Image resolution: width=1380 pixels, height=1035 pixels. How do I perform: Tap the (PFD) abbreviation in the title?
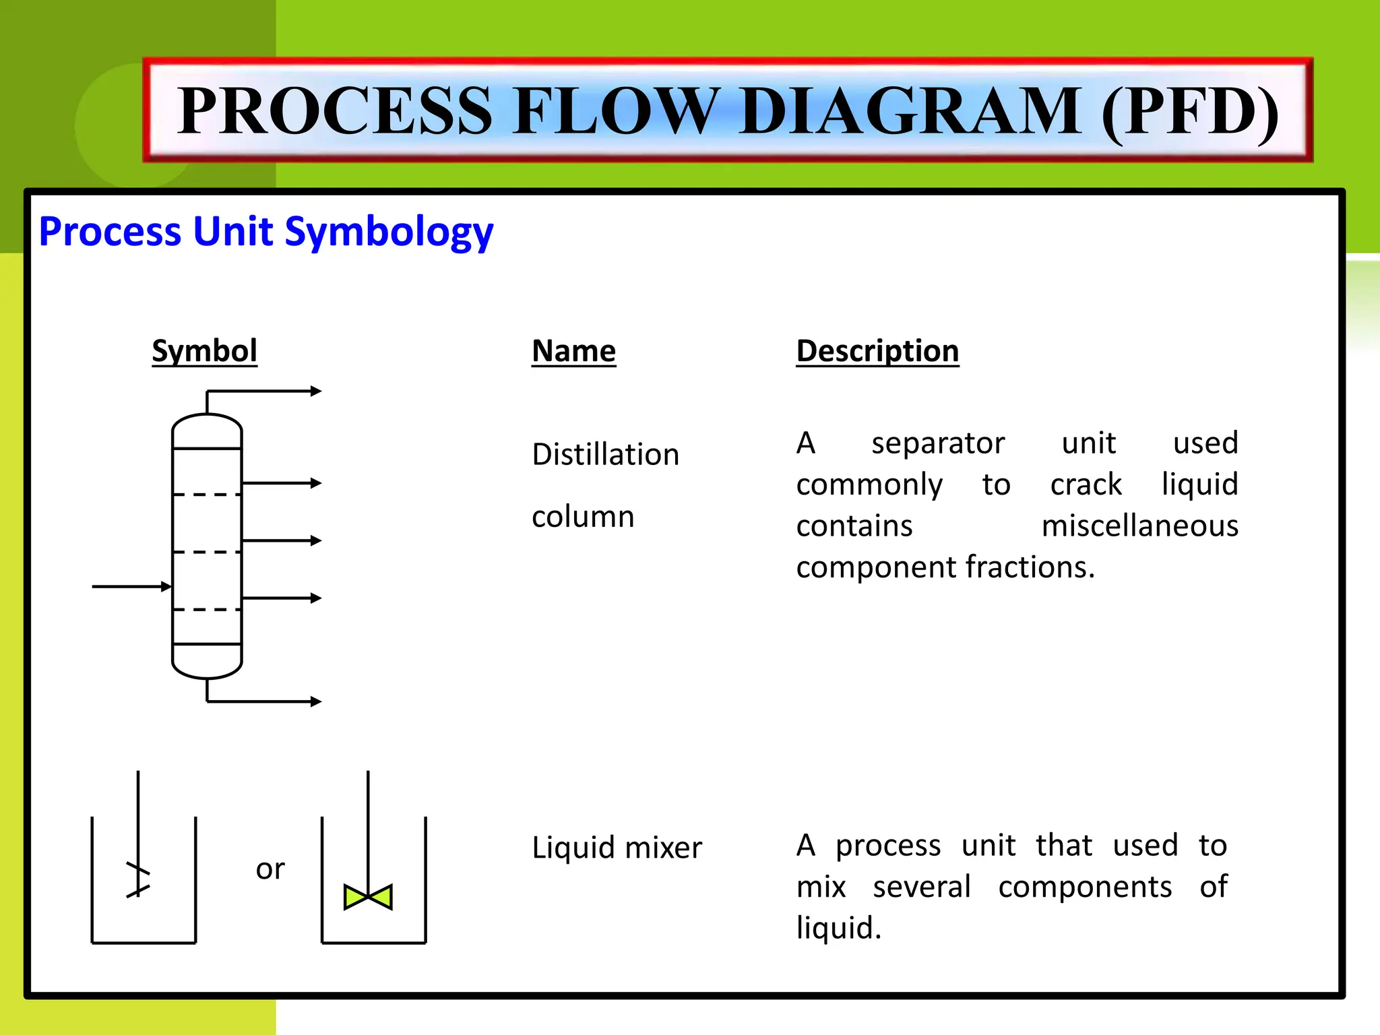pos(1190,111)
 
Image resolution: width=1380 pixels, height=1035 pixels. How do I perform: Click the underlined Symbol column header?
pos(204,351)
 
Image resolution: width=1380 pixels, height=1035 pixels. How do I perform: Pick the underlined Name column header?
pos(573,351)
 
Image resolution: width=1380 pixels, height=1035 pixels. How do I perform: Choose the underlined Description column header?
pos(877,351)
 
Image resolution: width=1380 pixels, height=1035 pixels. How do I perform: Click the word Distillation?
pos(605,454)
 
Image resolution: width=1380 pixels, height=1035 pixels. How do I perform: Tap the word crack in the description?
pos(1086,484)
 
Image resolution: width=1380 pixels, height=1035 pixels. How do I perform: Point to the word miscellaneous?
pos(1139,526)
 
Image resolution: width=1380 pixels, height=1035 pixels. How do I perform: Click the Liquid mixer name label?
pos(617,848)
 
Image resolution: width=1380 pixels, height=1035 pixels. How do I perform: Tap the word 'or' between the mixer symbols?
pos(270,869)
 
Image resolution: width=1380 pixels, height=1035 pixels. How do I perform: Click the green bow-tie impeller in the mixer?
pos(368,897)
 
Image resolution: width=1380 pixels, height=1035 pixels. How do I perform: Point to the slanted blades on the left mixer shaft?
pos(138,880)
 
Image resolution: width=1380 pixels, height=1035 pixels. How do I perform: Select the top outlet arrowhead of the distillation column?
pos(315,391)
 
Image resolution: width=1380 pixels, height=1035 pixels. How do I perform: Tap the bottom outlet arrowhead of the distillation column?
pos(315,701)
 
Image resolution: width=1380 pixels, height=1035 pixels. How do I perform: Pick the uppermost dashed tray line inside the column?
pos(207,495)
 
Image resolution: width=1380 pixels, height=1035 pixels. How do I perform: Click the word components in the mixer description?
pos(1085,887)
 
